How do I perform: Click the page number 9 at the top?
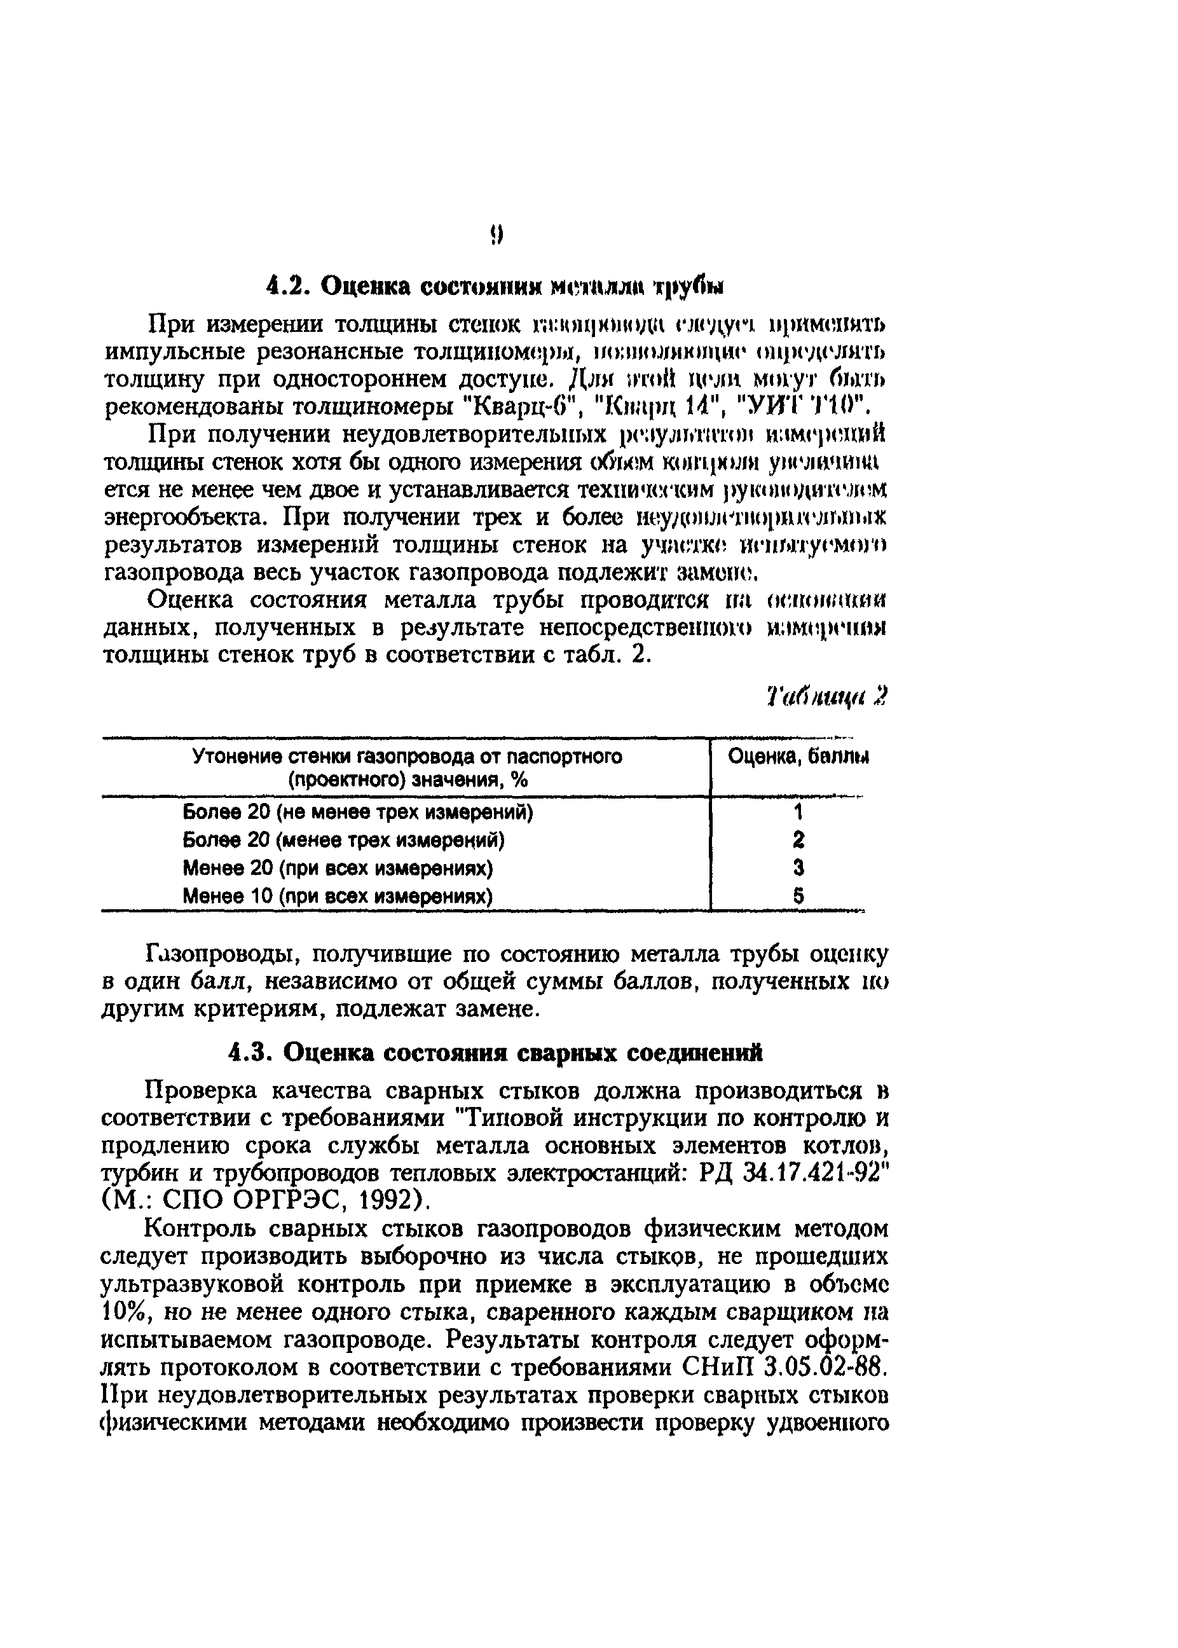point(495,235)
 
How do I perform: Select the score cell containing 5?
point(798,896)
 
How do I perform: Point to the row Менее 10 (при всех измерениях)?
point(338,896)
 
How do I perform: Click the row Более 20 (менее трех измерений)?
point(343,840)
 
